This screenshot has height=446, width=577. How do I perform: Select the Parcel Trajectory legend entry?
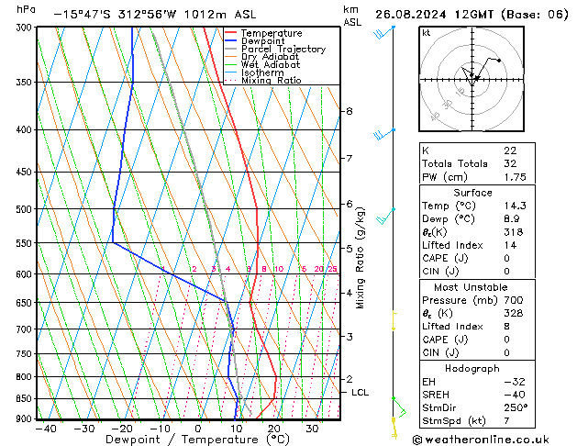[x=283, y=50]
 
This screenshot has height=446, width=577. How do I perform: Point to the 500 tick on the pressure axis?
[x=22, y=209]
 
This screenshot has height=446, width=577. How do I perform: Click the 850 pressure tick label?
[x=22, y=399]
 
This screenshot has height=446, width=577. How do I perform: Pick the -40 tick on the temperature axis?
[x=46, y=429]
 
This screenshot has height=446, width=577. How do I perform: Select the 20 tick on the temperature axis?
[x=274, y=429]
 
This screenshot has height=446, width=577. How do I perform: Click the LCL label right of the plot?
[x=361, y=393]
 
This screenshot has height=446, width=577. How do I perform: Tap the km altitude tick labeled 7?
[x=349, y=159]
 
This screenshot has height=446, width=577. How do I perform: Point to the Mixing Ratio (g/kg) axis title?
[x=361, y=258]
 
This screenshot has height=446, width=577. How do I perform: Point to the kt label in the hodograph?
[x=426, y=33]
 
